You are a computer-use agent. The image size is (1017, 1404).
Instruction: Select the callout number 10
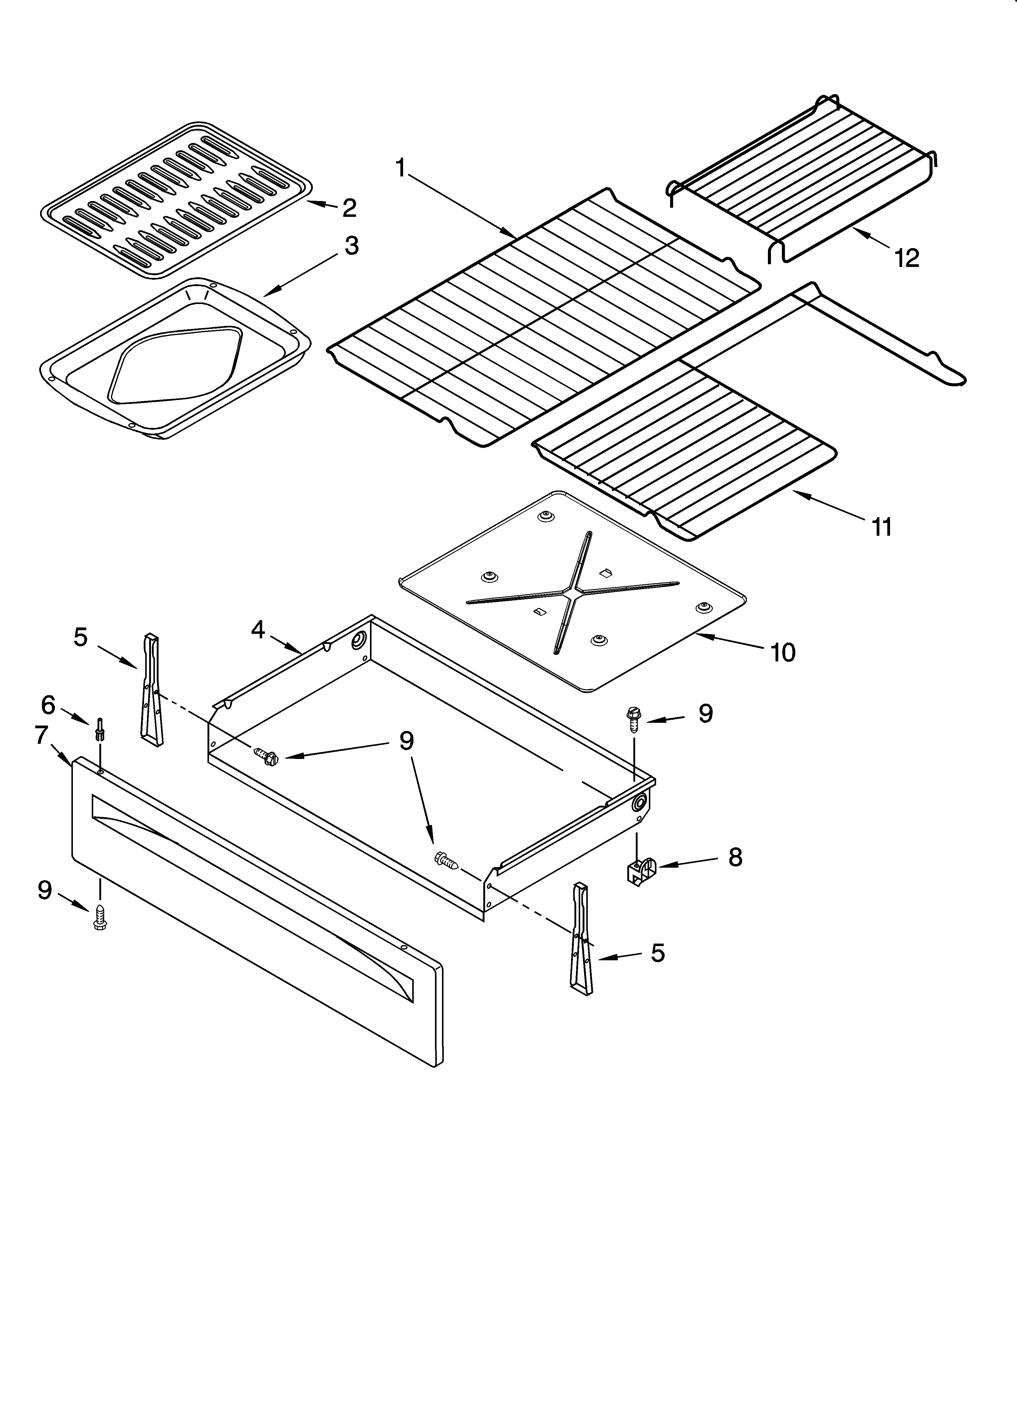click(x=783, y=652)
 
